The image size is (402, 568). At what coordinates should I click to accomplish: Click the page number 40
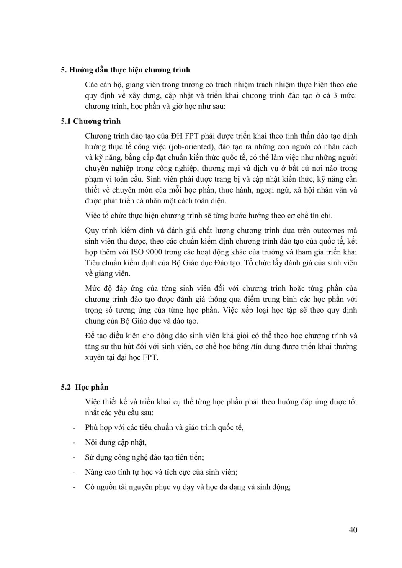pyautogui.click(x=353, y=530)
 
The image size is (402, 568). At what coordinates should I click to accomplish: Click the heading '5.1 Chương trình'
pyautogui.click(x=90, y=121)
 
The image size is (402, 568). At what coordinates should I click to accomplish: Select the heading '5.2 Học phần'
pyautogui.click(x=85, y=387)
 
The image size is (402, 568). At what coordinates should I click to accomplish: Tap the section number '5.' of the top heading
pyautogui.click(x=64, y=70)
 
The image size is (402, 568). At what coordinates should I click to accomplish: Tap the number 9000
pyautogui.click(x=155, y=252)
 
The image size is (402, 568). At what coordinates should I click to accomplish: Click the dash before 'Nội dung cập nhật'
pyautogui.click(x=75, y=442)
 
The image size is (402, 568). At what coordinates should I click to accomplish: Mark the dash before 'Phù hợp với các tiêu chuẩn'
pyautogui.click(x=75, y=428)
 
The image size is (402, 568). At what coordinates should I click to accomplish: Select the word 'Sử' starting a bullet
pyautogui.click(x=90, y=457)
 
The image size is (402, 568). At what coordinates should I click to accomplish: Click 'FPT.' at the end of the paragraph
pyautogui.click(x=150, y=357)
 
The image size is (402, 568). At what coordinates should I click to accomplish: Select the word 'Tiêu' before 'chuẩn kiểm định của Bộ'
pyautogui.click(x=93, y=263)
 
